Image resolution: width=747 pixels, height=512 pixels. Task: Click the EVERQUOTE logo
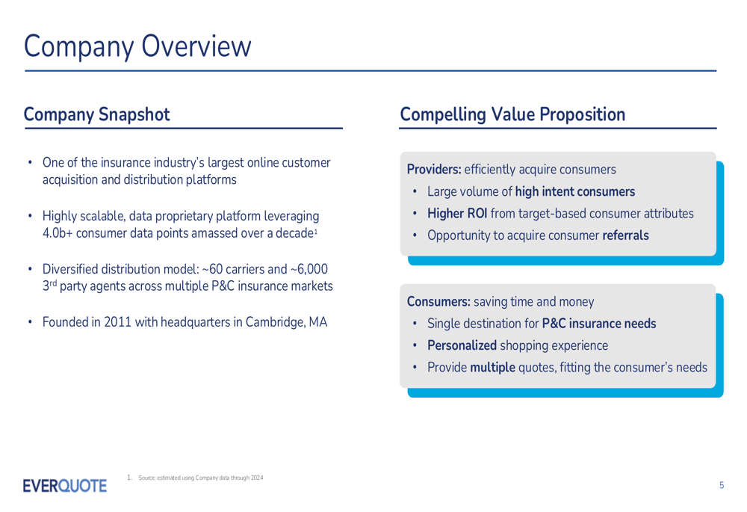point(65,486)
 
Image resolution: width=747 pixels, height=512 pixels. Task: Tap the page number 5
point(722,485)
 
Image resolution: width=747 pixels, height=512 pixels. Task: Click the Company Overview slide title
point(137,47)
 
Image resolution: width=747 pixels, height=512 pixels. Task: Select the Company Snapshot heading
point(96,114)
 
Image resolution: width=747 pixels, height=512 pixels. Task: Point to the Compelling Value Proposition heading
point(512,114)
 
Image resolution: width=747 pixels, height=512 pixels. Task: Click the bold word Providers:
point(434,169)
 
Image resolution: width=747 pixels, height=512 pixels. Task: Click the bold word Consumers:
point(438,301)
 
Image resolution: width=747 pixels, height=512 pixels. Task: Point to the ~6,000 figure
point(309,269)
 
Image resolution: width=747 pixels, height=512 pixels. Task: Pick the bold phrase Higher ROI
point(457,213)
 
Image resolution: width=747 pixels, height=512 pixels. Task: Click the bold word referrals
point(625,235)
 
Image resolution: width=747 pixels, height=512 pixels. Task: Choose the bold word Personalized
point(462,345)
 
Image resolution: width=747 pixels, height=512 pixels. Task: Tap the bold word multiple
point(492,368)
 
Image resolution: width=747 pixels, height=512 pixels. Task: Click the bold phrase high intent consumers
point(575,191)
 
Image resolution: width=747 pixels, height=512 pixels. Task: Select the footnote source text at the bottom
point(200,478)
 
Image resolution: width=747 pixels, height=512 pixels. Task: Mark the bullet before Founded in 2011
point(30,322)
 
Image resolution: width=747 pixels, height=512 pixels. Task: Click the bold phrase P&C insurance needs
point(599,323)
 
